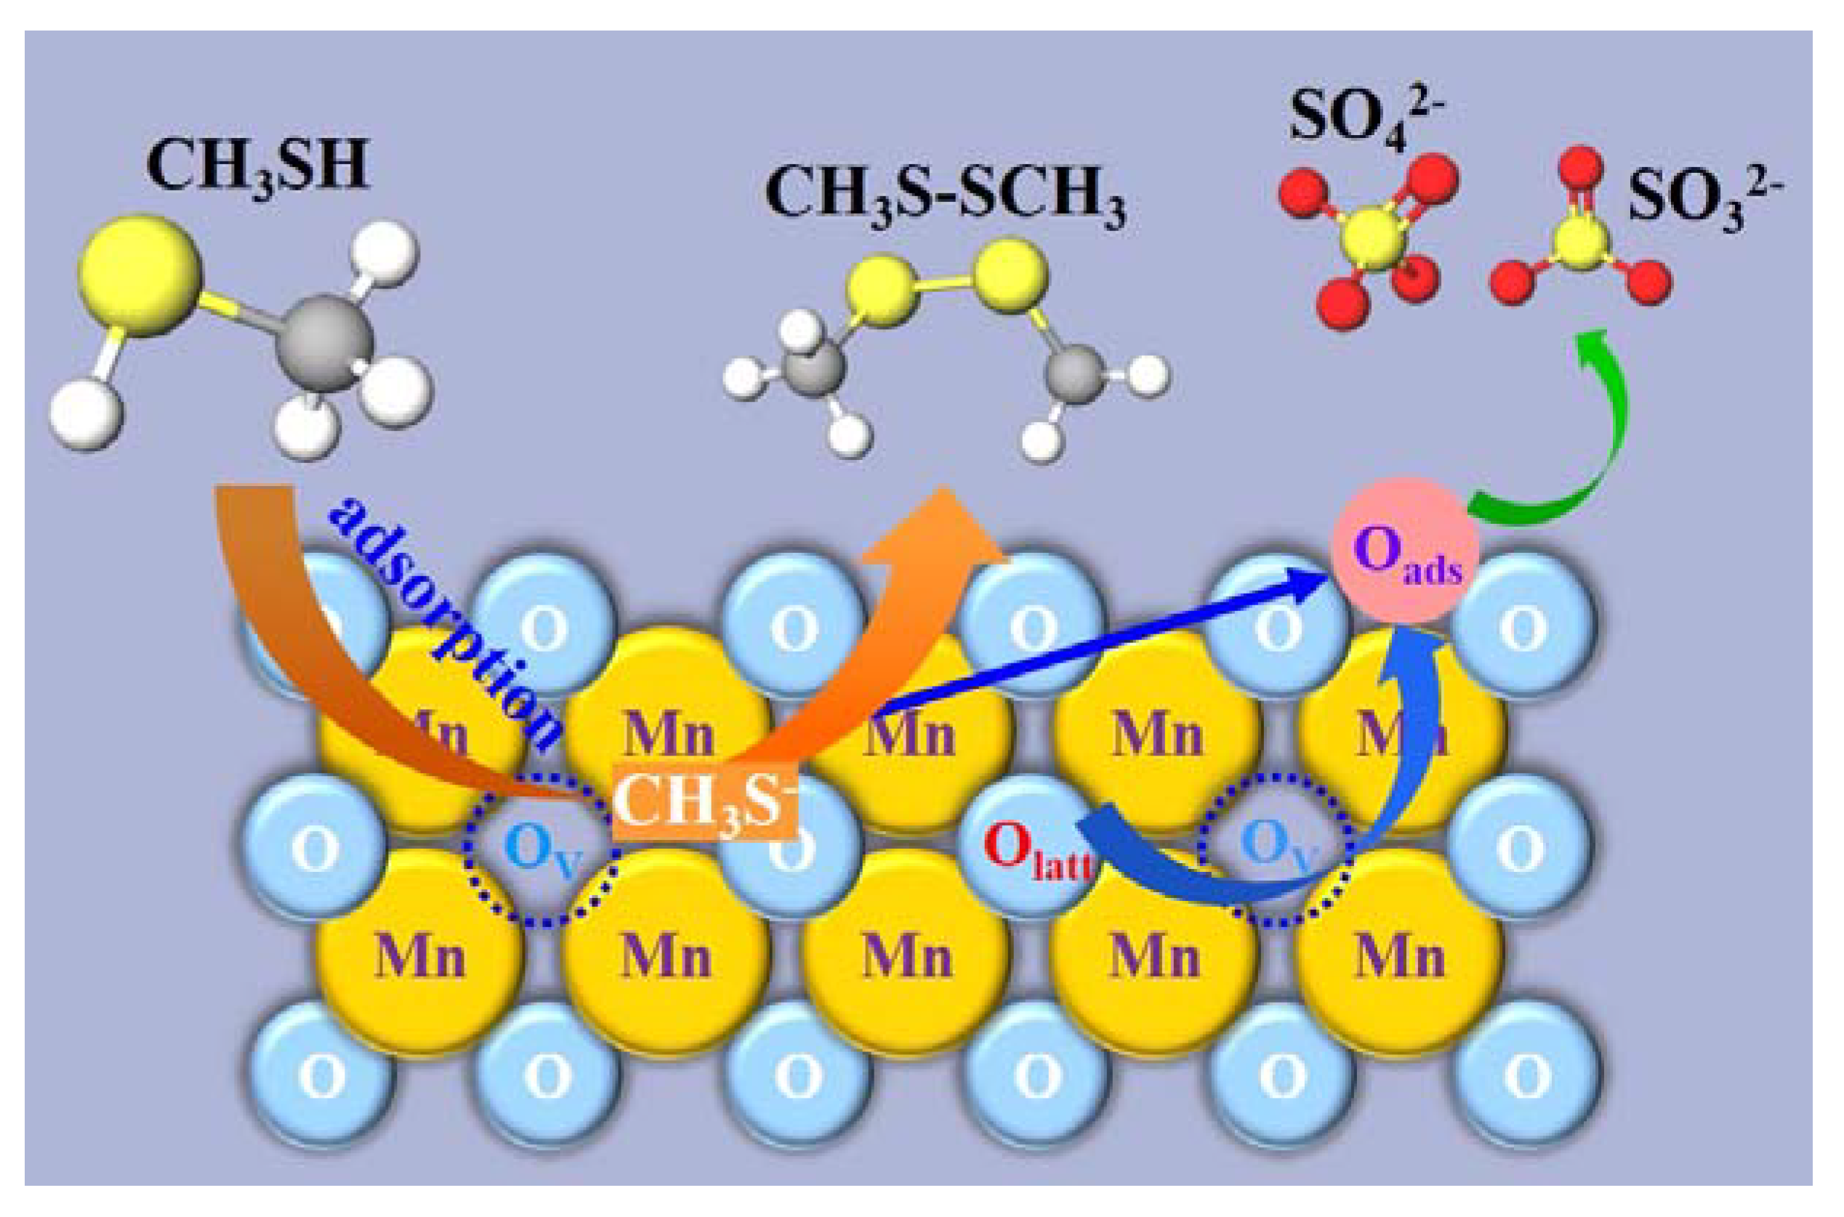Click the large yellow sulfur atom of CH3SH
point(140,275)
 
